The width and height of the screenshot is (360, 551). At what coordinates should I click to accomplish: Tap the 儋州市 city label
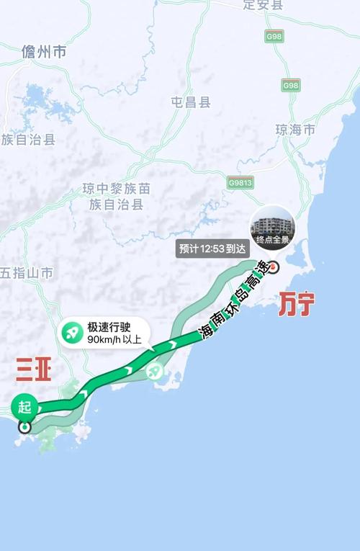coord(44,52)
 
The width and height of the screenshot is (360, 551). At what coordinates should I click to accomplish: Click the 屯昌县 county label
coord(191,102)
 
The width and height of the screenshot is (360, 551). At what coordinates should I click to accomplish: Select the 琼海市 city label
coord(295,130)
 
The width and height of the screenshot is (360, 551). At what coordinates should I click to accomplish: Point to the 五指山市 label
coord(27,273)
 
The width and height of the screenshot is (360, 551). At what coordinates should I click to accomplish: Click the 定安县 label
coord(263,6)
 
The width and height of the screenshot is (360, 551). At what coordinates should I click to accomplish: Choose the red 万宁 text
coord(297,305)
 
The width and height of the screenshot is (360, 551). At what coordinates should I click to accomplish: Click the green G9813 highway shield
coord(240,182)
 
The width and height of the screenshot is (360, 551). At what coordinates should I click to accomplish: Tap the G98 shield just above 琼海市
coord(290,86)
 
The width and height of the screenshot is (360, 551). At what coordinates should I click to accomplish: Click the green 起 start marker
coord(25,406)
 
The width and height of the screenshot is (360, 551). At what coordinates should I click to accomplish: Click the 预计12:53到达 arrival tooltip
coord(212,249)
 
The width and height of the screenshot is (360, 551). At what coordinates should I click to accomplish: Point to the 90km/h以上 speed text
coord(114,339)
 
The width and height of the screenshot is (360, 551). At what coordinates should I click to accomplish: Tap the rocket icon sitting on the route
coord(154,372)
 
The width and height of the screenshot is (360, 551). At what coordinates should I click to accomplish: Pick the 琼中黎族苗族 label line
coord(116,189)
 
